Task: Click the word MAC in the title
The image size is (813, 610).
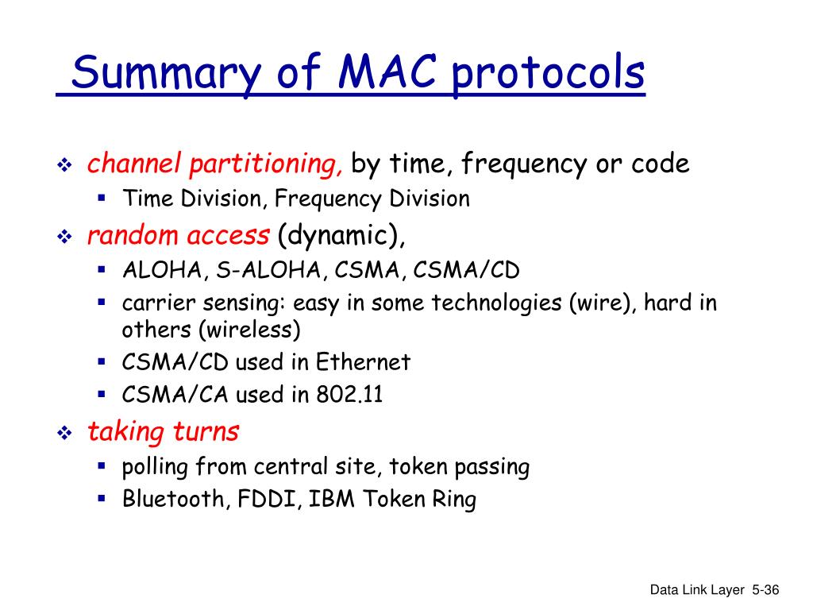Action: tap(387, 71)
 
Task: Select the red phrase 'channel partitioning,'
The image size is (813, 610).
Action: tap(214, 164)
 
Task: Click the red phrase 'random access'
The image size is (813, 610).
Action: tap(179, 235)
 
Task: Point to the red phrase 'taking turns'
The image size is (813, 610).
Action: tap(163, 431)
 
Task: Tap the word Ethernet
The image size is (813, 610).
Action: tap(363, 361)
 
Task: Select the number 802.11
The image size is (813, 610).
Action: tap(349, 394)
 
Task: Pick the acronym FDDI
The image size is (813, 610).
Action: tap(270, 499)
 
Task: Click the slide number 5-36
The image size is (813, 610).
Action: tap(765, 590)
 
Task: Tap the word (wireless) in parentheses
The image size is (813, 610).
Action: tap(250, 330)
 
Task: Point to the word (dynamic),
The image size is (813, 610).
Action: tap(341, 236)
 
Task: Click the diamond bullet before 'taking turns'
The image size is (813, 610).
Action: tap(65, 433)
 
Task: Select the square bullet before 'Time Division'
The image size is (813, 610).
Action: tap(102, 198)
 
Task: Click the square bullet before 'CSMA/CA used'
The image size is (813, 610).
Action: tap(102, 394)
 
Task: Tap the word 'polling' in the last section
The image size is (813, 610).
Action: tap(155, 467)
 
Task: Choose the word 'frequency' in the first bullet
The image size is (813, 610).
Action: tap(524, 164)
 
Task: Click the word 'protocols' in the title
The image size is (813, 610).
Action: tap(549, 75)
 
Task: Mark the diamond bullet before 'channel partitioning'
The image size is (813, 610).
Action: tap(65, 165)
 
